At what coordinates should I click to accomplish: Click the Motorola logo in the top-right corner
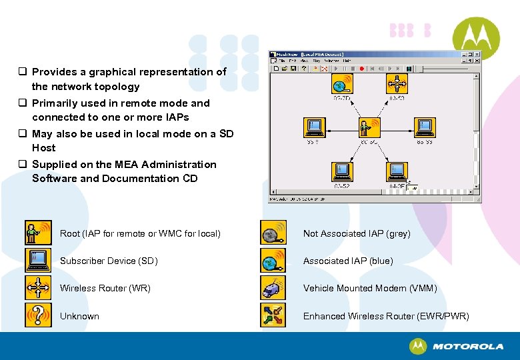tap(475, 39)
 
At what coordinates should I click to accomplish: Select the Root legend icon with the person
tap(37, 233)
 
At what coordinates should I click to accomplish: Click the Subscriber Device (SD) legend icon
tap(37, 260)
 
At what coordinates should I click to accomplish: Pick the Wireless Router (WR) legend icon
tap(37, 287)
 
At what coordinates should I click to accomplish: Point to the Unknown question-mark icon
tap(37, 315)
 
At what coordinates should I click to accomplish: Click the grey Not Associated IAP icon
tap(273, 233)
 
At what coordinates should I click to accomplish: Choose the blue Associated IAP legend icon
tap(273, 260)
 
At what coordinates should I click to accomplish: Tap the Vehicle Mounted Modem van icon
tap(273, 287)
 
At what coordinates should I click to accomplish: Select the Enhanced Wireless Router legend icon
tap(273, 315)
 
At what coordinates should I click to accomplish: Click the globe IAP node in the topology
tap(342, 85)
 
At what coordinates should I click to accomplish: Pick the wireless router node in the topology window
tap(397, 85)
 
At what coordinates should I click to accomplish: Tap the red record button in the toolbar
tap(361, 68)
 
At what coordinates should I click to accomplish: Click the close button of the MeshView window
tap(476, 54)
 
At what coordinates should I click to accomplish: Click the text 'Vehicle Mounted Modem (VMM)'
tap(370, 288)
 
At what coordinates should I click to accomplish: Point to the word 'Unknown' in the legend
tap(79, 316)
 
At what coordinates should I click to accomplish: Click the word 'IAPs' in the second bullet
tap(177, 117)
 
